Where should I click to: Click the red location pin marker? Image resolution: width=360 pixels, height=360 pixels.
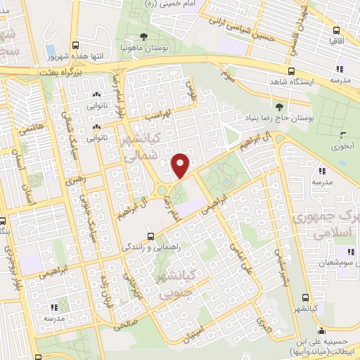coord(181,166)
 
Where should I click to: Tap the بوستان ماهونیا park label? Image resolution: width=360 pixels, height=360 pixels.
coord(143,47)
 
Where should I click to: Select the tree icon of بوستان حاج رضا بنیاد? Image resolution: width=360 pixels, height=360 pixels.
coord(280,108)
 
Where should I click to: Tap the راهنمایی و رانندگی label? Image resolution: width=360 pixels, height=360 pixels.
coord(150,247)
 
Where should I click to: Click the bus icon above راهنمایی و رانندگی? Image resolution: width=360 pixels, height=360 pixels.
coord(150,236)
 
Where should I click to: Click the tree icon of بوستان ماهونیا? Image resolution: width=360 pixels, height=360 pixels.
coord(143,36)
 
